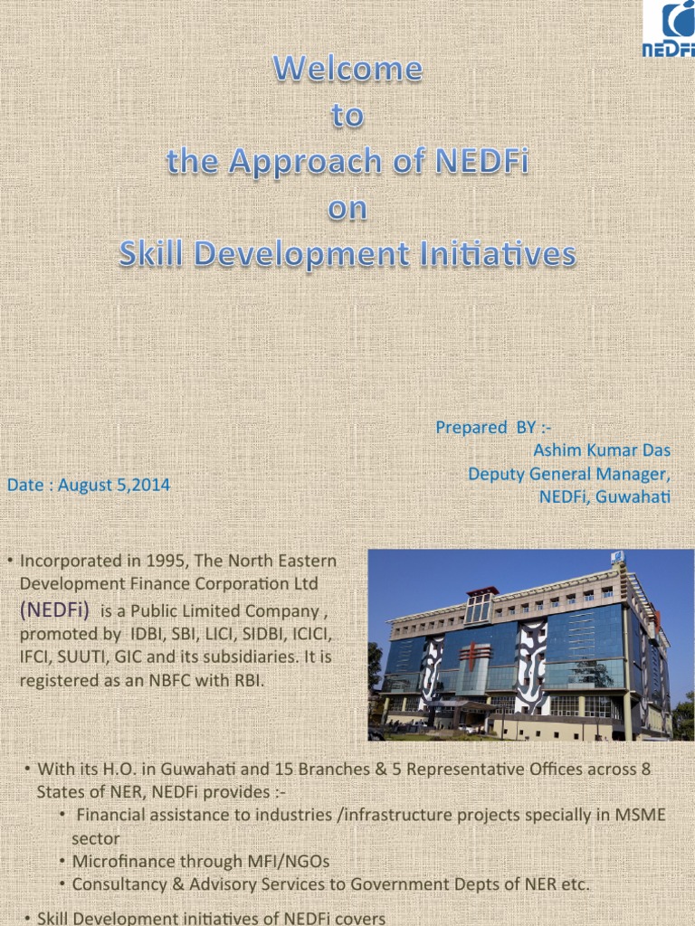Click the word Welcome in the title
pyautogui.click(x=347, y=69)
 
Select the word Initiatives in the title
pyautogui.click(x=491, y=254)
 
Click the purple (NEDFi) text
pyautogui.click(x=54, y=610)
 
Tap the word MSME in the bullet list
pyautogui.click(x=639, y=815)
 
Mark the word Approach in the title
pyautogui.click(x=280, y=161)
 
